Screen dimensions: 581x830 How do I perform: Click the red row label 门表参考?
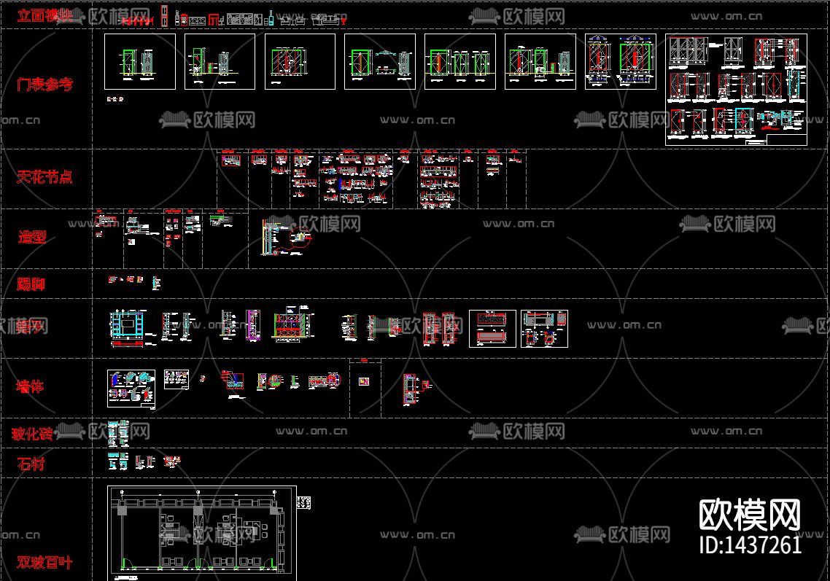coord(44,85)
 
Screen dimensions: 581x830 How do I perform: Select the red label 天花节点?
coord(44,176)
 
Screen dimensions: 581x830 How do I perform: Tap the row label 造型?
coord(33,236)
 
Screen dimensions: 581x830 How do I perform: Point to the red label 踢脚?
coord(31,284)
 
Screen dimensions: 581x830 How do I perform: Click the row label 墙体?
coord(31,386)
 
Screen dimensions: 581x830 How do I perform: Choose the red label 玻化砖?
coord(32,434)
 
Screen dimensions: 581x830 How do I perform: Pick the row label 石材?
coord(31,464)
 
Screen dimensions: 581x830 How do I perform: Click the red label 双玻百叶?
coord(44,562)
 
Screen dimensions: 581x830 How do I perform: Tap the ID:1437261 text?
coord(750,545)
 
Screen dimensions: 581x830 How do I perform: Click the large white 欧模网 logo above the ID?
coord(750,515)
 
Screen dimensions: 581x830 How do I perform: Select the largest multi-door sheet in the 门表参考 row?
coord(736,90)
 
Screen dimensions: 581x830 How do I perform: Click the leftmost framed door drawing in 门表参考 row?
coord(140,61)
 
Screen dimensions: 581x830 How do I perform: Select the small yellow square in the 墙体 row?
coord(365,381)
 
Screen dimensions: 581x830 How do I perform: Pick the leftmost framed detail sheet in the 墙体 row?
coord(131,388)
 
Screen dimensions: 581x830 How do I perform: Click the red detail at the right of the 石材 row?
coord(172,461)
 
